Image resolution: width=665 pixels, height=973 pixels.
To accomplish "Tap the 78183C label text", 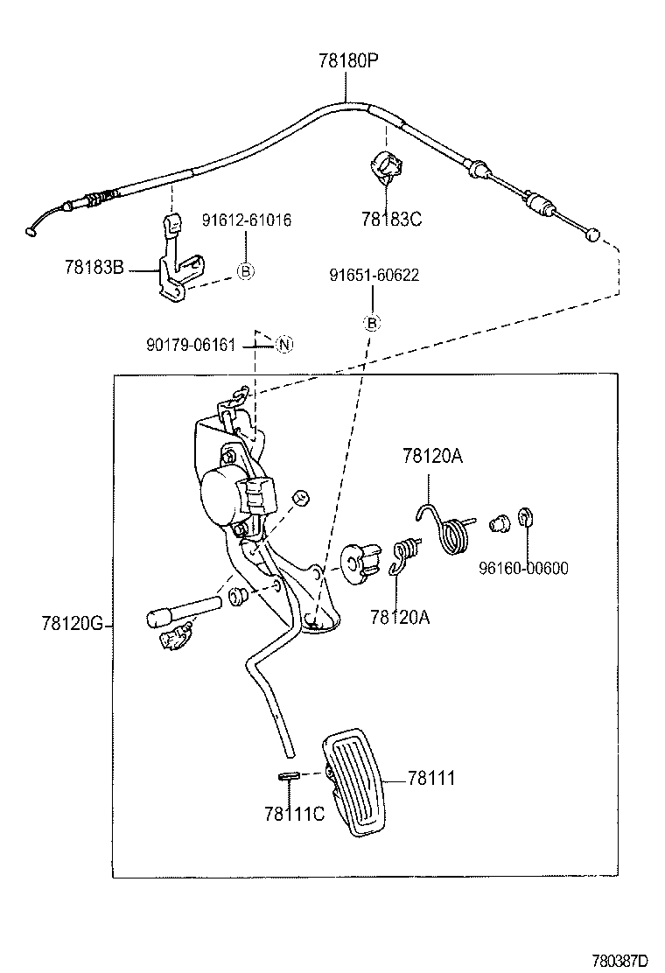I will pos(392,219).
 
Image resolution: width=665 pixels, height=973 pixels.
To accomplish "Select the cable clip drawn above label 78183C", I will pos(385,166).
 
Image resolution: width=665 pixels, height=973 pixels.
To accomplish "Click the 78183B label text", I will pos(94,266).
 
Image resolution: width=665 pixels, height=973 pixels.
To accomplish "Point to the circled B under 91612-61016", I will pos(246,272).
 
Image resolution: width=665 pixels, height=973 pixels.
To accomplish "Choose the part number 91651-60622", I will pos(374,275).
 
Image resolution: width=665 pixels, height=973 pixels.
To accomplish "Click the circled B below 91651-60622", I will pos(371,323).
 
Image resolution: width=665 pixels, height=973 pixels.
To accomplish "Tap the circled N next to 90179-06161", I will pos(283,344).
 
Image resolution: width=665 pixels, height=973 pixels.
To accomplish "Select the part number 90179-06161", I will pos(191,345).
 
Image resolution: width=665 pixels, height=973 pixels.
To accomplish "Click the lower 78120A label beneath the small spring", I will pos(400,617).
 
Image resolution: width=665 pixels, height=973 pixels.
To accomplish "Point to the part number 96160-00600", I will pos(523,568).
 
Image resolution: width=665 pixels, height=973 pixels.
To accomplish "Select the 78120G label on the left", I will pos(72,624).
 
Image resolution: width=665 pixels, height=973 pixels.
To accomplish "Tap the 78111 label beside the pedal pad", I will pos(430,777).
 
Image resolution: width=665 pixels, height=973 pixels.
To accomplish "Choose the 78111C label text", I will pos(294,814).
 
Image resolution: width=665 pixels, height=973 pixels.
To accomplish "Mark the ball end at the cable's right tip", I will pos(593,234).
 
